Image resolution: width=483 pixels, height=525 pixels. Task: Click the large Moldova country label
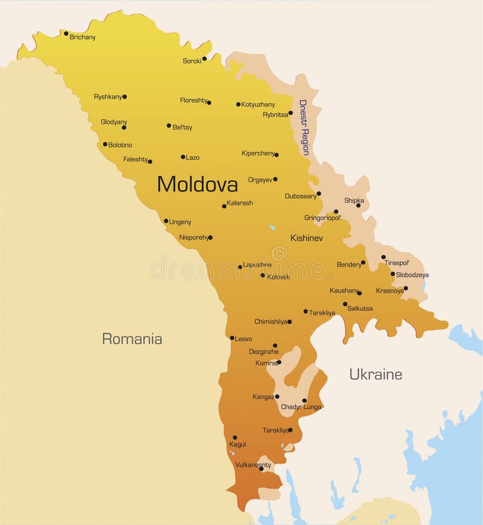[x=197, y=184]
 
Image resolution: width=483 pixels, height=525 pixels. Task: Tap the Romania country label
[x=132, y=339]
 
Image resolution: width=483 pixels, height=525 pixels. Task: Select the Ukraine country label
[x=376, y=374]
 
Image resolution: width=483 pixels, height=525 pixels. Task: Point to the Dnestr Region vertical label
[x=304, y=127]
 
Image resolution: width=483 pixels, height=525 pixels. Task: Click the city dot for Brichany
[x=66, y=33]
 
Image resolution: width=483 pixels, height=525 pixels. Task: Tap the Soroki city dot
[x=204, y=59]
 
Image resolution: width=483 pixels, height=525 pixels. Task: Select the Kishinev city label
[x=306, y=238]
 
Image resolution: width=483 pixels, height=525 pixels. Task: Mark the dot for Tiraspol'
[x=383, y=256]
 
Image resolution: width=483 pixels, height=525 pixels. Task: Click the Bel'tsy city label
[x=182, y=127]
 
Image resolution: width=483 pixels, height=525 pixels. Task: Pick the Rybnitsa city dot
[x=290, y=113]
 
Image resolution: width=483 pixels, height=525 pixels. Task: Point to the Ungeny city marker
[x=166, y=221]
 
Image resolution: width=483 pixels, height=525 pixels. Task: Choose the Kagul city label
[x=237, y=444]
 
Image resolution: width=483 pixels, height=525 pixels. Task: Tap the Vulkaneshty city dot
[x=261, y=469]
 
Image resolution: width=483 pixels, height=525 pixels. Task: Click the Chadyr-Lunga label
[x=301, y=407]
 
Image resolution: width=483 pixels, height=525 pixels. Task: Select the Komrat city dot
[x=279, y=362]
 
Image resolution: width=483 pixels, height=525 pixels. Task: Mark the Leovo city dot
[x=232, y=338]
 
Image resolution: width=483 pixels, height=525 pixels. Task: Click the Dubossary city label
[x=301, y=196]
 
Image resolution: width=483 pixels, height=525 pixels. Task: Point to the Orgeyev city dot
[x=275, y=179]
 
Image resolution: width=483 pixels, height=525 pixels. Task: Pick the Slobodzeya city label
[x=412, y=275]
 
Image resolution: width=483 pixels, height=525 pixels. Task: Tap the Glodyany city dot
[x=124, y=127]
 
